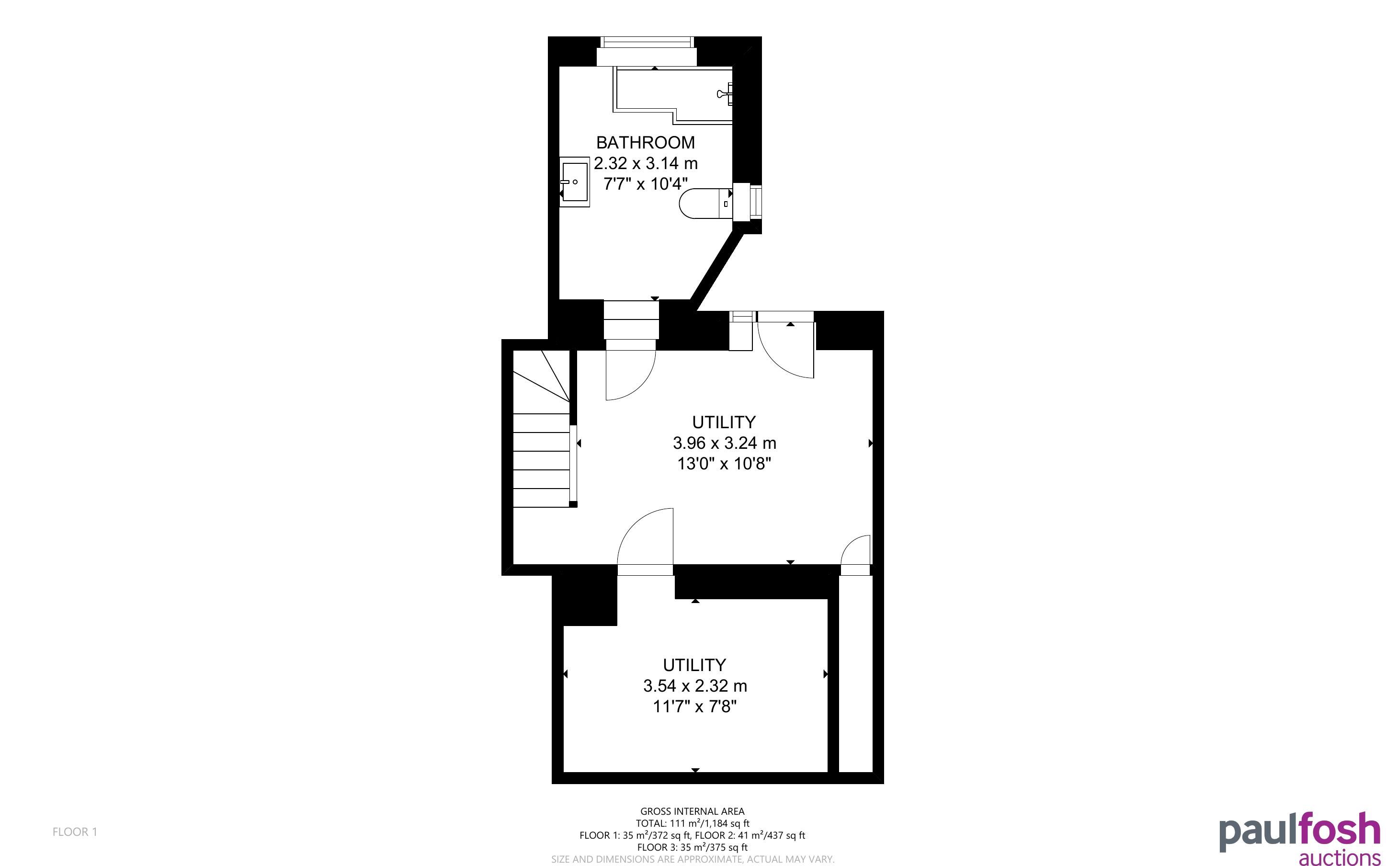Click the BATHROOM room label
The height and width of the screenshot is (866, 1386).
pyautogui.click(x=645, y=142)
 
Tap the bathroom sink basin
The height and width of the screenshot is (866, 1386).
pyautogui.click(x=575, y=182)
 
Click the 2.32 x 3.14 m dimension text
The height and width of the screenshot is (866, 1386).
pyautogui.click(x=645, y=163)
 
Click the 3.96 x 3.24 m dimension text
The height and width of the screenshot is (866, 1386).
pyautogui.click(x=724, y=443)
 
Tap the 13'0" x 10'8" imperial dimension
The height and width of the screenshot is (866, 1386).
pyautogui.click(x=724, y=463)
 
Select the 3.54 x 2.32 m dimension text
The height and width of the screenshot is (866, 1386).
pyautogui.click(x=694, y=685)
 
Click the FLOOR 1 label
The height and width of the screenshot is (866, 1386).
pyautogui.click(x=75, y=832)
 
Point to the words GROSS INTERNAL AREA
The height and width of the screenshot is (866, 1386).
pyautogui.click(x=692, y=811)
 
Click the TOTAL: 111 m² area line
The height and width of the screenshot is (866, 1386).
pyautogui.click(x=692, y=823)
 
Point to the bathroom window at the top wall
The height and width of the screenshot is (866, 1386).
pyautogui.click(x=647, y=42)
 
